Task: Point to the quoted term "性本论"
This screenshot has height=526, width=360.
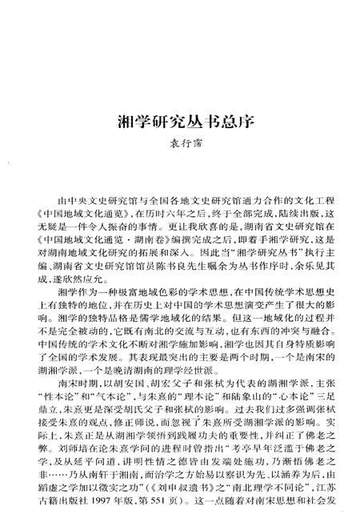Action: click(x=67, y=394)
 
